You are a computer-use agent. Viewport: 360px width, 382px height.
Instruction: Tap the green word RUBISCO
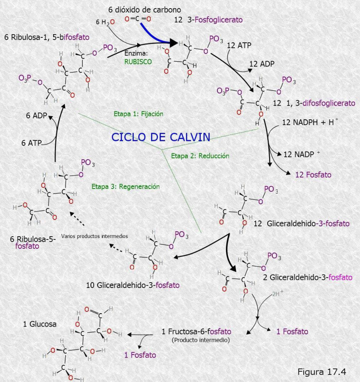tap(138, 63)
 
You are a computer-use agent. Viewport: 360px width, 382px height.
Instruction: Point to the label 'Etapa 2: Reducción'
tap(200, 156)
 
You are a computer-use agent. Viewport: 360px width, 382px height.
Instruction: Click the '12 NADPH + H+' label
tap(310, 122)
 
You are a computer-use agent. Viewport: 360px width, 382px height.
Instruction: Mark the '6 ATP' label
tap(31, 143)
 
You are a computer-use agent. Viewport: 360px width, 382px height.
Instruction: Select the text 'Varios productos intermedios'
tap(94, 236)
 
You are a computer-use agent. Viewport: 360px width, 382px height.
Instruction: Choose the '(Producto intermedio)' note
tap(201, 340)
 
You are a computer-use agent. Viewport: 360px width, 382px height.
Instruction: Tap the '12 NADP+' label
tap(301, 154)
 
